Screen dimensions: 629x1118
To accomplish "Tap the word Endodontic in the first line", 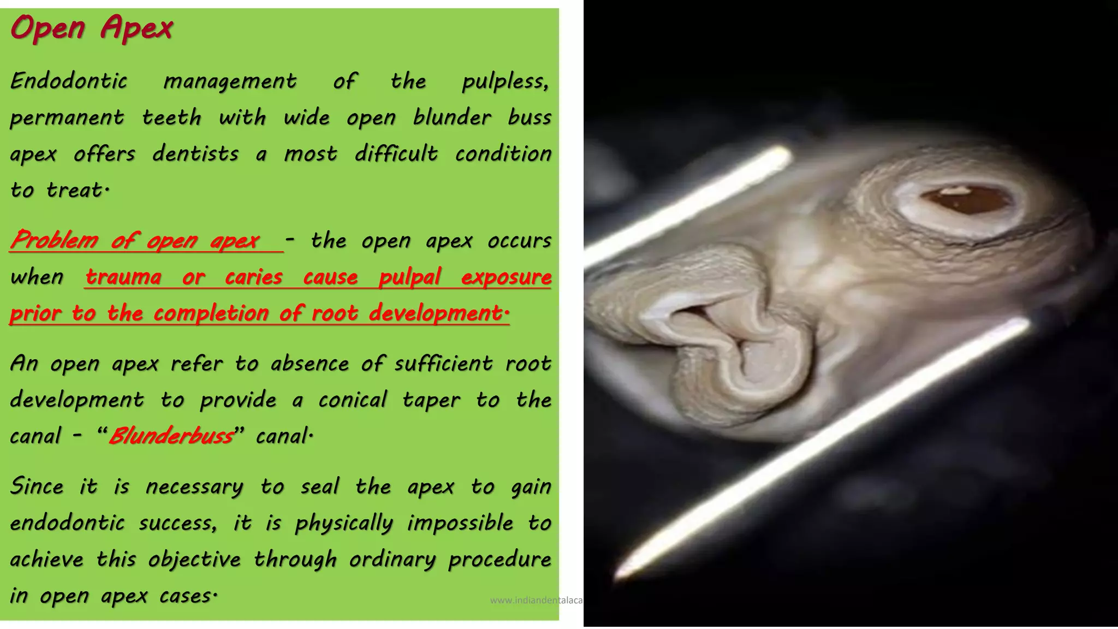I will [69, 81].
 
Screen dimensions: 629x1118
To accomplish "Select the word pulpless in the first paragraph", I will [504, 81].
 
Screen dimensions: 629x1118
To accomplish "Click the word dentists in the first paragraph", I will [195, 154].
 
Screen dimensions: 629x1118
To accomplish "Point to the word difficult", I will [396, 154].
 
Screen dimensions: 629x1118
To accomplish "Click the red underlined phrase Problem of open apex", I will [135, 240].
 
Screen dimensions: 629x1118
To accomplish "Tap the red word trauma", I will [123, 277].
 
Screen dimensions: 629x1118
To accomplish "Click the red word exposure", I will [506, 277].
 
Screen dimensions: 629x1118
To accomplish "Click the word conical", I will [353, 400].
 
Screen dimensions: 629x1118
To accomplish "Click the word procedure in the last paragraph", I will [499, 560].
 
